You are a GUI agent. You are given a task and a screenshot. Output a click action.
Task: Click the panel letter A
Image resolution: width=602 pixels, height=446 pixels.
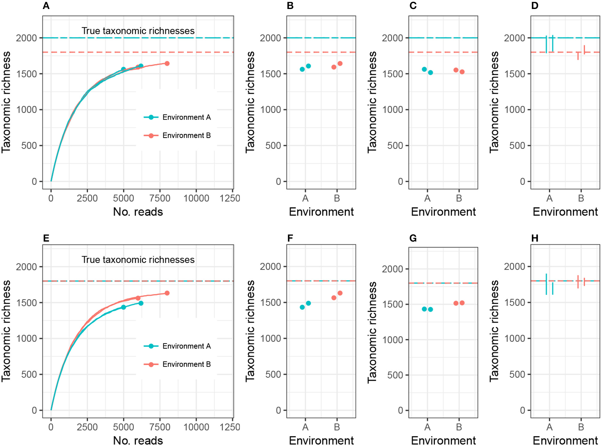click(x=46, y=6)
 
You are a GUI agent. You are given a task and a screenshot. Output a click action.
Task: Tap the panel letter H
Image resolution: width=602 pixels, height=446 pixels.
click(x=535, y=238)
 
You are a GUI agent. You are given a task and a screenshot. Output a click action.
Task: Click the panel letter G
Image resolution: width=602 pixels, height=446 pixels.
click(x=413, y=238)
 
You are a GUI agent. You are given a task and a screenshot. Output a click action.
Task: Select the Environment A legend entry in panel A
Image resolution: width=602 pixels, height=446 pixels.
click(x=177, y=117)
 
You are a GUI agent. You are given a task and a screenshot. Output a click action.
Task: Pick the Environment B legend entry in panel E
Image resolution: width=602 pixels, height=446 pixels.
click(x=177, y=364)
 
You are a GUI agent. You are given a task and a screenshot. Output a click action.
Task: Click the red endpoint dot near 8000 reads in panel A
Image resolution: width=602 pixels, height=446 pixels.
click(x=167, y=64)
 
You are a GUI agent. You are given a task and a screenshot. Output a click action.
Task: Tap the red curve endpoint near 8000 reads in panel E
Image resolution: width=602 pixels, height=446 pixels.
click(x=167, y=293)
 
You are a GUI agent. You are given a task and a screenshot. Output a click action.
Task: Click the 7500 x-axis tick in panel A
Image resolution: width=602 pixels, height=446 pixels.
click(x=160, y=198)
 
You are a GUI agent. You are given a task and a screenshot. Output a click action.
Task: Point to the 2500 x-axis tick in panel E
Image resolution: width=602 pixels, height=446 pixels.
click(x=87, y=427)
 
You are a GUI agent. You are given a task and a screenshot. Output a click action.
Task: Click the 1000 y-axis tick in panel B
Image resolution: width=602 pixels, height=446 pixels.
click(x=270, y=110)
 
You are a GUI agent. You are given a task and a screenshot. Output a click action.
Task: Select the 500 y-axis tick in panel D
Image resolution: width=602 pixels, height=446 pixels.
click(x=517, y=146)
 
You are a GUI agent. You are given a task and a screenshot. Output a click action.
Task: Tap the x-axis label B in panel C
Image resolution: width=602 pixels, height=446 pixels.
click(x=459, y=198)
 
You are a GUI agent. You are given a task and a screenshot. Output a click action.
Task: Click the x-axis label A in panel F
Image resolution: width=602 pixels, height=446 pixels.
click(x=305, y=427)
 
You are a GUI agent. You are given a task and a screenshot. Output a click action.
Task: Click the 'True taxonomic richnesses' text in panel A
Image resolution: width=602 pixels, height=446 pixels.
click(x=138, y=31)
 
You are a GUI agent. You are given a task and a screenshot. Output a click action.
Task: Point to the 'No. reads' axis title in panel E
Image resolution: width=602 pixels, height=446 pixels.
click(x=138, y=440)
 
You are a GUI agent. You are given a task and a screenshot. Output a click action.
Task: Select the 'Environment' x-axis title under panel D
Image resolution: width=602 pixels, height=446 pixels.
click(x=565, y=212)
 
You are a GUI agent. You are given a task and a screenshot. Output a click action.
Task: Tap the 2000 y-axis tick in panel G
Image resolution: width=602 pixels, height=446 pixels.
click(x=392, y=269)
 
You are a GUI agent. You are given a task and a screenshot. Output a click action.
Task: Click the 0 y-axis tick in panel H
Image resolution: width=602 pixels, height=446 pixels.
click(x=523, y=410)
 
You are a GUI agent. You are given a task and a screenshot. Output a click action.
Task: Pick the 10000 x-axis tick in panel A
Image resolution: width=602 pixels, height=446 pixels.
click(x=196, y=198)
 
